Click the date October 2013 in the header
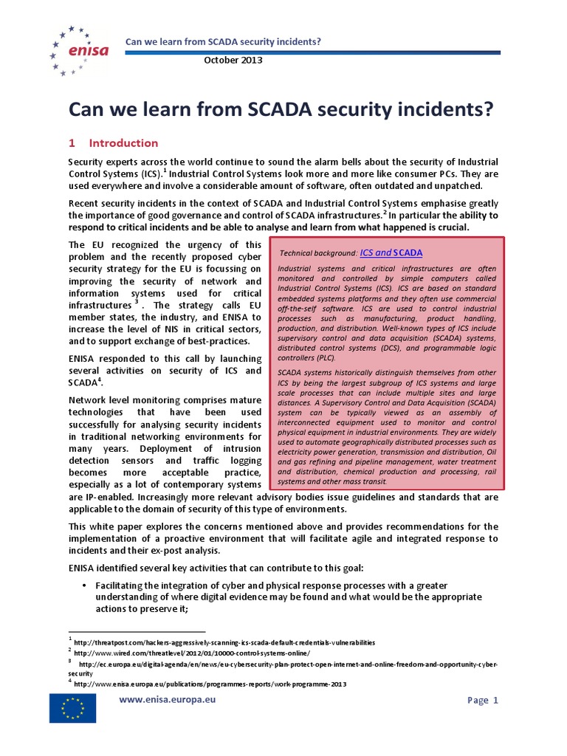point(233,60)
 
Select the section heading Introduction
point(123,142)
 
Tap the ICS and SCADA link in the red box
point(391,252)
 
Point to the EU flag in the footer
point(72,709)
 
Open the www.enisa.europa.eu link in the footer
point(168,698)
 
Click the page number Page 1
point(484,700)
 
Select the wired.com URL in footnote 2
point(193,653)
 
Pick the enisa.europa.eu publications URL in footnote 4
point(210,684)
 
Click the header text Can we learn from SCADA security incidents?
point(225,41)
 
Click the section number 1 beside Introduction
point(72,142)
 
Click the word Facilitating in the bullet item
point(123,585)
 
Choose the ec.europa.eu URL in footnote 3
point(288,664)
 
